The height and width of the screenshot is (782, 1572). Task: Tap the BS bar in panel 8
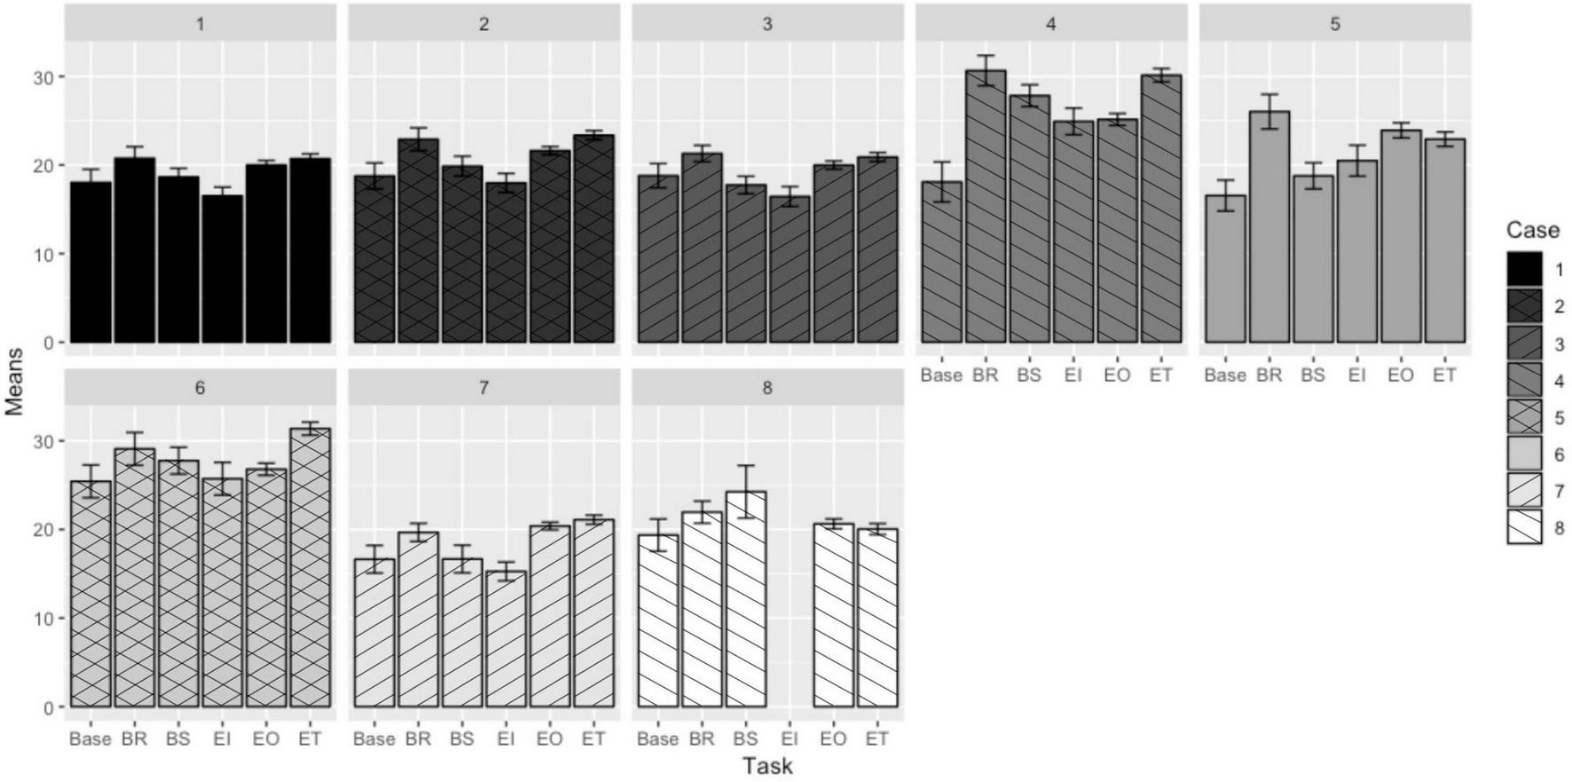(x=745, y=599)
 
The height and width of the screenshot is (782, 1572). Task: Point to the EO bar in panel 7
(x=549, y=617)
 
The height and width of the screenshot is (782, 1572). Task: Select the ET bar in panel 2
(x=593, y=239)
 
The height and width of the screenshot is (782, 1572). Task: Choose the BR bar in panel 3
(x=701, y=248)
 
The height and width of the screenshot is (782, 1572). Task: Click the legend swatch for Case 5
(x=1524, y=417)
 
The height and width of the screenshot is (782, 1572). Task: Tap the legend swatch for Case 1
(x=1524, y=270)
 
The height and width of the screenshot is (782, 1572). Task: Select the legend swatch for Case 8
(x=1524, y=527)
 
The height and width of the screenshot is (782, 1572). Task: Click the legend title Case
(x=1532, y=230)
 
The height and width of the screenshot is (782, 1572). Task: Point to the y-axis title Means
(x=13, y=382)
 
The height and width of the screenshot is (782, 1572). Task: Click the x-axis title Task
(x=767, y=766)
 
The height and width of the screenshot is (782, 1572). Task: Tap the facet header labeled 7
(x=483, y=388)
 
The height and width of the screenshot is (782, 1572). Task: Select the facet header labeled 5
(x=1335, y=24)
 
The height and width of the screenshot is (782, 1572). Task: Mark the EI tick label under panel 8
(x=790, y=739)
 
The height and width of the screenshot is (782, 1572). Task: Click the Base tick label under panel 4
(x=940, y=375)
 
